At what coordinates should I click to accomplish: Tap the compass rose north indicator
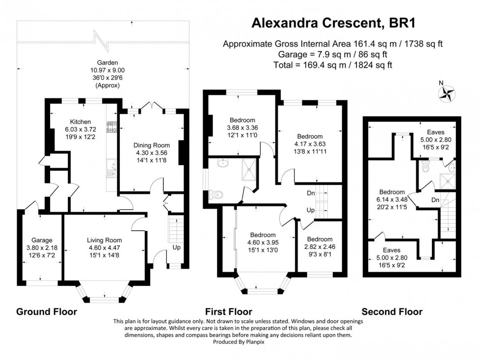(447, 93)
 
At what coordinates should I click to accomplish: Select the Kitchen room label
(80, 121)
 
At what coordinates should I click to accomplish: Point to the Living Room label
(104, 240)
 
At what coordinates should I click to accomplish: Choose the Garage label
(42, 240)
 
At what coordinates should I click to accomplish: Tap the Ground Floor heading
(47, 311)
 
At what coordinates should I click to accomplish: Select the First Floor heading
(228, 311)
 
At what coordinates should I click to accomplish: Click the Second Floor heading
(392, 311)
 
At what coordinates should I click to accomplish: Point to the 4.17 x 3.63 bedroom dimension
(310, 144)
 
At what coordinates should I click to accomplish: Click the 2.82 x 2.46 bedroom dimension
(320, 247)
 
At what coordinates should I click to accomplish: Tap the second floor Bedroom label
(392, 192)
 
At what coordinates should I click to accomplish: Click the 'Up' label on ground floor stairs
(176, 248)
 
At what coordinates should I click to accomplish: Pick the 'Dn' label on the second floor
(435, 200)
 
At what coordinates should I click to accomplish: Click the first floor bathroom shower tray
(249, 169)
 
